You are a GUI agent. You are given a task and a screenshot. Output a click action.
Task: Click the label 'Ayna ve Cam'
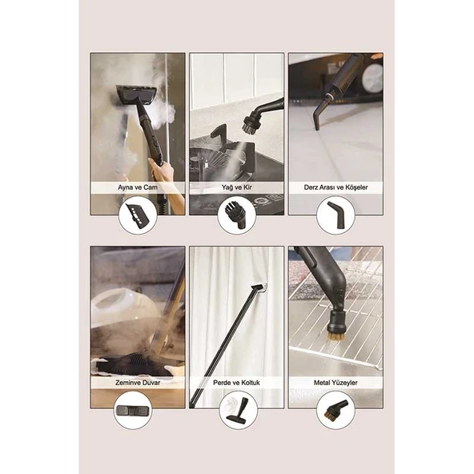[x=138, y=187]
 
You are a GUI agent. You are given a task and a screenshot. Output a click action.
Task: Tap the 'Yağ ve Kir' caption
[x=236, y=187]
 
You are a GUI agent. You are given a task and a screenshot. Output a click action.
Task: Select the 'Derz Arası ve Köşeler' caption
[x=335, y=187]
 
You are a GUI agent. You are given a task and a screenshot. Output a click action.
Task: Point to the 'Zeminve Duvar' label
[x=138, y=383]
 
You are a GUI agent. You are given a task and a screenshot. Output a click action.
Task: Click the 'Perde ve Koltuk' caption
[x=236, y=383]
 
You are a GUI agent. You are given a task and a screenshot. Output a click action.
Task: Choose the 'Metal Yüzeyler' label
[x=335, y=383]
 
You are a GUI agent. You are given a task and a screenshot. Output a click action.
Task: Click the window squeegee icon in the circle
[x=138, y=215]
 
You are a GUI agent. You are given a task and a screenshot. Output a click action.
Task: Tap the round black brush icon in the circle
[x=236, y=215]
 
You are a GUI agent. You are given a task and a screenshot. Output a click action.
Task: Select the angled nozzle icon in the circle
[x=336, y=215]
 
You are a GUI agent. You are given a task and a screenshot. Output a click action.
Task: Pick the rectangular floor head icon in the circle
[x=133, y=410]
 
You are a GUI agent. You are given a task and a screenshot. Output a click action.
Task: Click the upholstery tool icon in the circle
[x=238, y=410]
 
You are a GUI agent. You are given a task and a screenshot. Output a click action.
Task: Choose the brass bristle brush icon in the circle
[x=335, y=411]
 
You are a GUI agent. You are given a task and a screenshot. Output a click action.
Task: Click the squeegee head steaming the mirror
[x=136, y=94]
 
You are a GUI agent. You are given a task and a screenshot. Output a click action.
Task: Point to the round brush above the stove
[x=251, y=123]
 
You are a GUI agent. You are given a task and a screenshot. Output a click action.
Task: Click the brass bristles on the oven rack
[x=335, y=336]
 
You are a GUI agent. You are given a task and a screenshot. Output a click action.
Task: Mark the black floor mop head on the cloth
[x=133, y=364]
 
